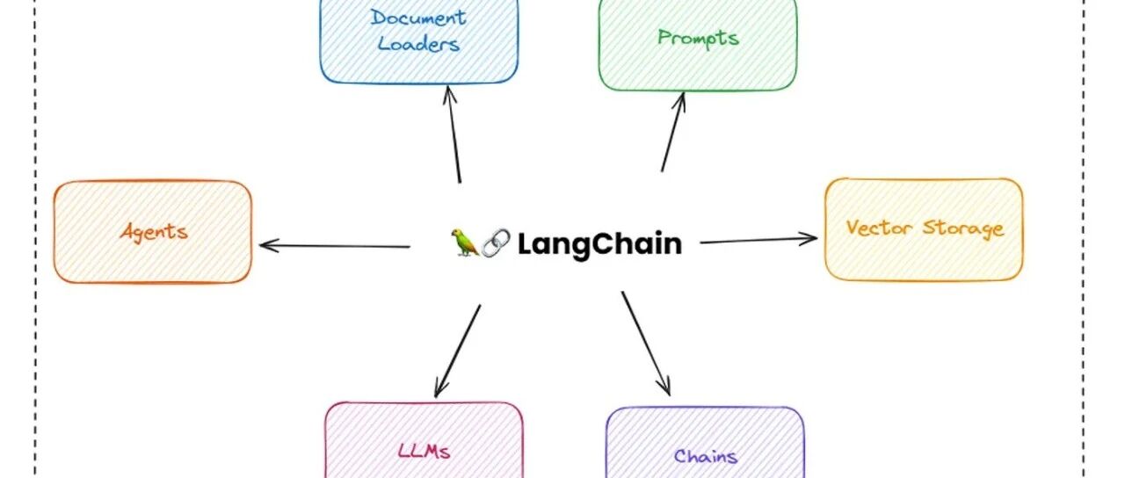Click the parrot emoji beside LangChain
(465, 243)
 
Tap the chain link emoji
(496, 243)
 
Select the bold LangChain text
(599, 244)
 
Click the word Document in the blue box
(418, 18)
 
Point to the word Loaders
(418, 44)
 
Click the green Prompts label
(698, 38)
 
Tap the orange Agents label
(154, 232)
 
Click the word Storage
(963, 229)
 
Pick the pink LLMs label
(424, 451)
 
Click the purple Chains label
(705, 456)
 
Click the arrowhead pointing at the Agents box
(267, 245)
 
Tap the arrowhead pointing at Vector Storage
(809, 238)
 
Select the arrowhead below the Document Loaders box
(449, 93)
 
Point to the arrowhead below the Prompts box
(680, 99)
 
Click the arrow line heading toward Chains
(646, 344)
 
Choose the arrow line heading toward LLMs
(457, 351)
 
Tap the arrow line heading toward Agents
(335, 246)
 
